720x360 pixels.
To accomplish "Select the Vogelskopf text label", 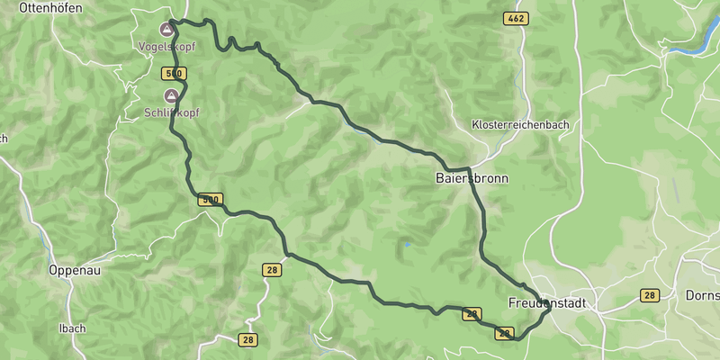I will (166, 45).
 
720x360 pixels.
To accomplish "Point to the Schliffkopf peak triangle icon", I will (170, 95).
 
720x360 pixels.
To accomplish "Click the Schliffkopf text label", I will (172, 112).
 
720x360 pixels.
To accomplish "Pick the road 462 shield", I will (516, 18).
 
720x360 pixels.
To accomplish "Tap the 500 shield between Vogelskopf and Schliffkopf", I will (175, 73).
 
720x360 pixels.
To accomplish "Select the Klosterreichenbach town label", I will (520, 125).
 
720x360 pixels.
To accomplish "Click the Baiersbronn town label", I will (472, 178).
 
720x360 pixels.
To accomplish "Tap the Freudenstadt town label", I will (546, 303).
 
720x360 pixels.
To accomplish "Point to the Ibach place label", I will (72, 328).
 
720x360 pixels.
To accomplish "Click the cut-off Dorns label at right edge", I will (702, 294).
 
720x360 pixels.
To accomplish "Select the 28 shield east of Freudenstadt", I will (650, 295).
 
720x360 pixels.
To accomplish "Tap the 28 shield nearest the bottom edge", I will (247, 339).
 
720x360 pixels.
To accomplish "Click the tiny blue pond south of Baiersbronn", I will (407, 244).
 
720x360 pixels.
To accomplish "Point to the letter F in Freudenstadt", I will (511, 303).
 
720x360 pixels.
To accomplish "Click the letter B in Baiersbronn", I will (439, 178).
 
